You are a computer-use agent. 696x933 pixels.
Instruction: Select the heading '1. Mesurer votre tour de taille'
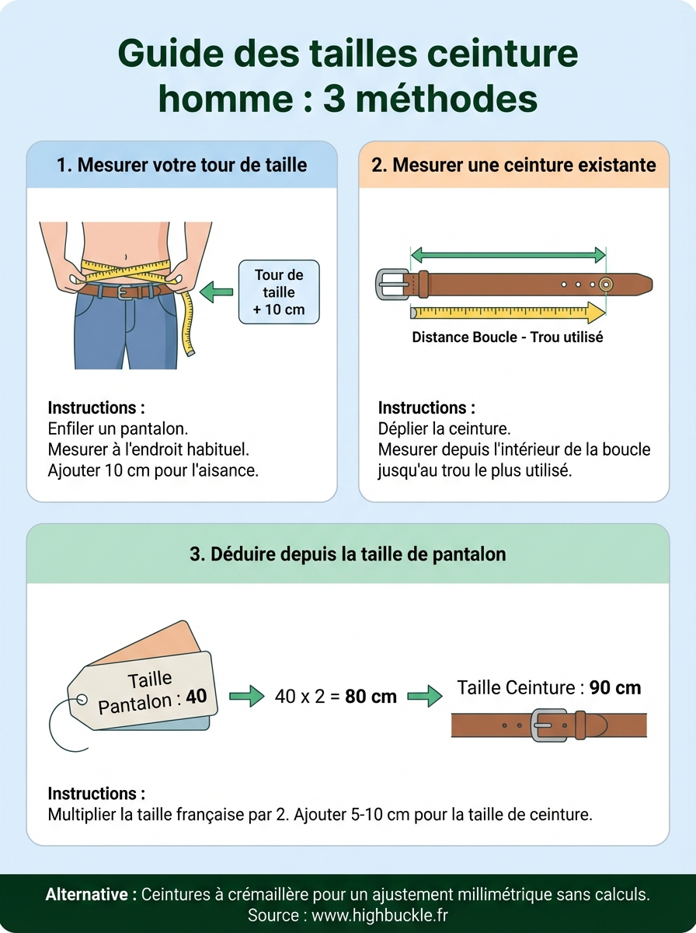tap(182, 165)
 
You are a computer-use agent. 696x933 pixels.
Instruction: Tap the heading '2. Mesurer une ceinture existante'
tap(513, 165)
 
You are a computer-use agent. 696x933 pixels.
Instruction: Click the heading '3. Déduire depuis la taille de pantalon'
tap(347, 554)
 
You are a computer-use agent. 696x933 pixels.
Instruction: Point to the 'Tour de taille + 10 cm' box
tap(279, 292)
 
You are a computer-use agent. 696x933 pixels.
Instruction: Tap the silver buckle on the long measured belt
tap(393, 284)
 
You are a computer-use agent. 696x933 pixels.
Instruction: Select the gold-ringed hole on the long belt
tap(605, 285)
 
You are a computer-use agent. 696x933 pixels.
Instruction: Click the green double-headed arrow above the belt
tap(508, 253)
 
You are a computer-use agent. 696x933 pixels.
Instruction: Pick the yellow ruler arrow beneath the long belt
tap(508, 313)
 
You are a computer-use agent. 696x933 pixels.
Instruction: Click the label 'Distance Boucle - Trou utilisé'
tap(507, 337)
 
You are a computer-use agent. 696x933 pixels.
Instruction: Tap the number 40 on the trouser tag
tap(197, 696)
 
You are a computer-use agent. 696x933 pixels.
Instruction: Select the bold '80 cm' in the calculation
tap(371, 697)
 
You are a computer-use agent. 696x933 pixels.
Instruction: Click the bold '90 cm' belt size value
tap(615, 687)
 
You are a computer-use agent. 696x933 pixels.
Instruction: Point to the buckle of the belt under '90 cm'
tap(548, 725)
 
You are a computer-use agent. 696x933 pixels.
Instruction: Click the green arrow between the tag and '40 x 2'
tap(246, 697)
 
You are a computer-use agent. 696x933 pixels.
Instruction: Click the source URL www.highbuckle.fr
tap(380, 916)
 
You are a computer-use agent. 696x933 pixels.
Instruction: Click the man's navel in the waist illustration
tap(125, 257)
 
